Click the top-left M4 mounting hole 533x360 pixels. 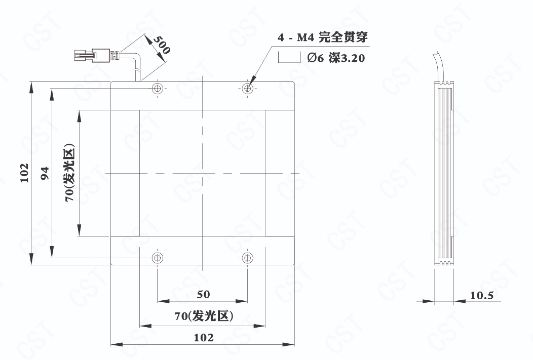pos(157,88)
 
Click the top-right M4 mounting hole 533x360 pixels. pos(248,88)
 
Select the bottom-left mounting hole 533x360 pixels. pos(157,258)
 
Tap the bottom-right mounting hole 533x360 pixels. pos(248,258)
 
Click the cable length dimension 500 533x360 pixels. pos(162,45)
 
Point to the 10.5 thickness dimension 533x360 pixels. pos(482,296)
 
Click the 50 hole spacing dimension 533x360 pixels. pos(203,294)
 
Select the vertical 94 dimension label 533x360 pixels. pos(45,173)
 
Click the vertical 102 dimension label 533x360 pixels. pos(24,173)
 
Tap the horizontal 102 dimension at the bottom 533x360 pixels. pos(204,338)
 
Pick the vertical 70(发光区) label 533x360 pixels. pos(69,173)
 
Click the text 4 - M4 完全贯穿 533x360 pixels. pos(323,37)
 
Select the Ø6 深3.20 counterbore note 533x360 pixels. pos(336,58)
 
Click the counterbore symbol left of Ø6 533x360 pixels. pos(289,57)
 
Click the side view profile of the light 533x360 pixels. pos(444,173)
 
